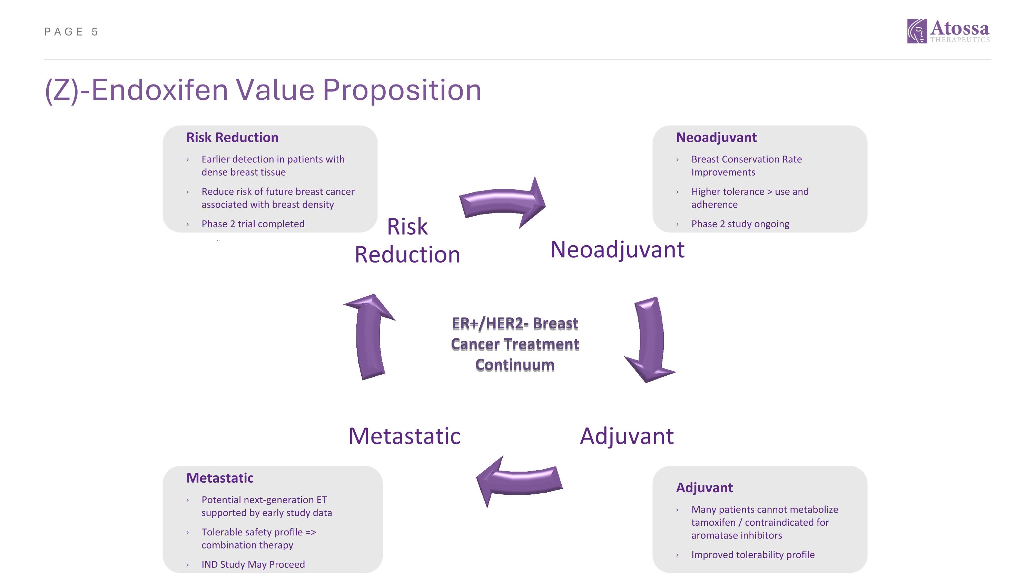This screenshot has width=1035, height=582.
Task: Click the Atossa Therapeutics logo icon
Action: click(917, 31)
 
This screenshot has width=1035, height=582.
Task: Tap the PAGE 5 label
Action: click(71, 32)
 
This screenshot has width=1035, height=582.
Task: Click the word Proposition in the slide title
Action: click(402, 90)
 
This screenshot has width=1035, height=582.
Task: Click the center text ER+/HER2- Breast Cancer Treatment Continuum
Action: click(515, 344)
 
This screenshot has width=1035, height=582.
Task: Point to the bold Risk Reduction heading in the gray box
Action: click(232, 137)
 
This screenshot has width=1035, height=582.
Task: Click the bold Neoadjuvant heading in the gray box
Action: click(716, 137)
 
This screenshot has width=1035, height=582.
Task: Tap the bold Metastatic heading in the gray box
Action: click(220, 478)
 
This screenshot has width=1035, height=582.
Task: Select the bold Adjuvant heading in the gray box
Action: click(704, 487)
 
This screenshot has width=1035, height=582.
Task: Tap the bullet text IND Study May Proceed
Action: click(253, 564)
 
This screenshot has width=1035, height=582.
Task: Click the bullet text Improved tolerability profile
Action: click(753, 555)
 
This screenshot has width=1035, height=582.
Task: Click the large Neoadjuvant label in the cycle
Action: click(617, 250)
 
